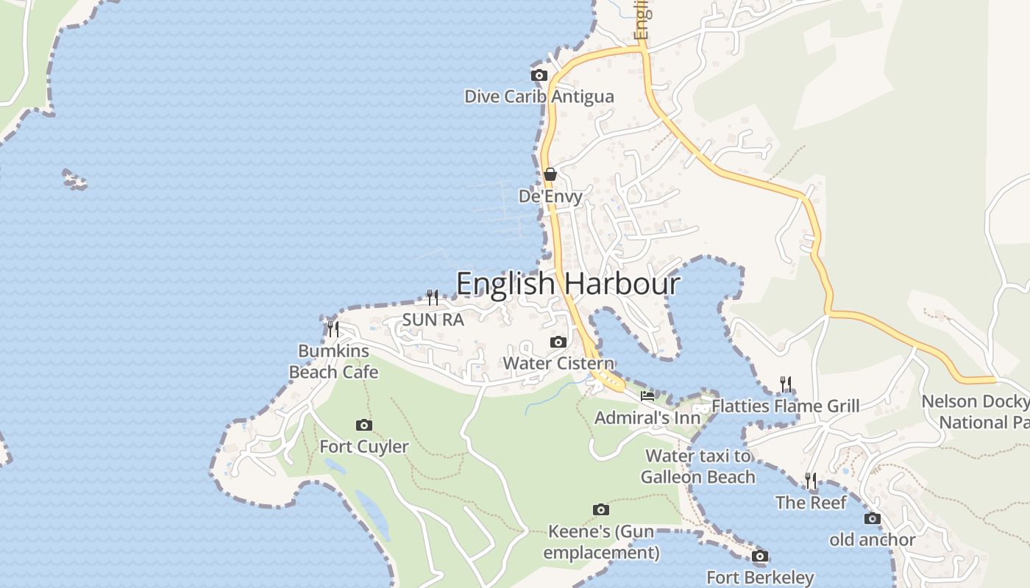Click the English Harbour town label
tap(568, 284)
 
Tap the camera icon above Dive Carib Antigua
tap(539, 75)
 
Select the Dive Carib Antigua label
tap(539, 96)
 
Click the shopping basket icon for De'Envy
tap(550, 174)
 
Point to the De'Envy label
tap(550, 196)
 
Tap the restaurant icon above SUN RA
tap(433, 297)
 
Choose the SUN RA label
tap(433, 320)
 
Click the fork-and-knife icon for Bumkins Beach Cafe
tap(333, 329)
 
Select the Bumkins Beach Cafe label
tap(333, 362)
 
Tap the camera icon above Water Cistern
tap(558, 342)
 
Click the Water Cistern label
tap(558, 363)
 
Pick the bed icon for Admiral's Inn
tap(647, 395)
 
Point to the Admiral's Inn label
tap(647, 417)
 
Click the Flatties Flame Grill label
tap(786, 406)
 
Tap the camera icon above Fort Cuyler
tap(363, 425)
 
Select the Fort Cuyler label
tap(363, 446)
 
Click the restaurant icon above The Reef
tap(811, 481)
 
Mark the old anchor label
tap(873, 539)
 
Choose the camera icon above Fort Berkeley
tap(760, 556)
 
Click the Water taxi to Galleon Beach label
tap(697, 467)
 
